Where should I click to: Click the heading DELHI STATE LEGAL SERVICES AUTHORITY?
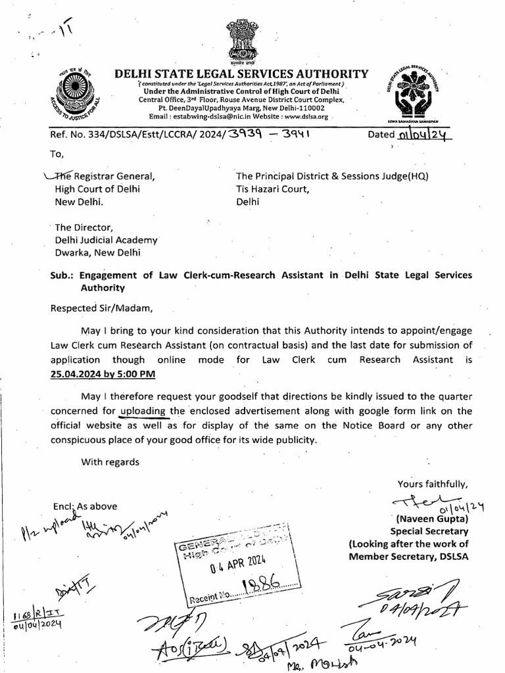pyautogui.click(x=241, y=74)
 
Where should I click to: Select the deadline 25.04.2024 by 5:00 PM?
pyautogui.click(x=103, y=373)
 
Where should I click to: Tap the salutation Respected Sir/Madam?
pyautogui.click(x=101, y=306)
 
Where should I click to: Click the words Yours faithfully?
pyautogui.click(x=432, y=484)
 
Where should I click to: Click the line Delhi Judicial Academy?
pyautogui.click(x=106, y=240)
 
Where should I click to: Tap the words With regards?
pyautogui.click(x=110, y=461)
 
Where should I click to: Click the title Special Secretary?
pyautogui.click(x=429, y=531)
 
